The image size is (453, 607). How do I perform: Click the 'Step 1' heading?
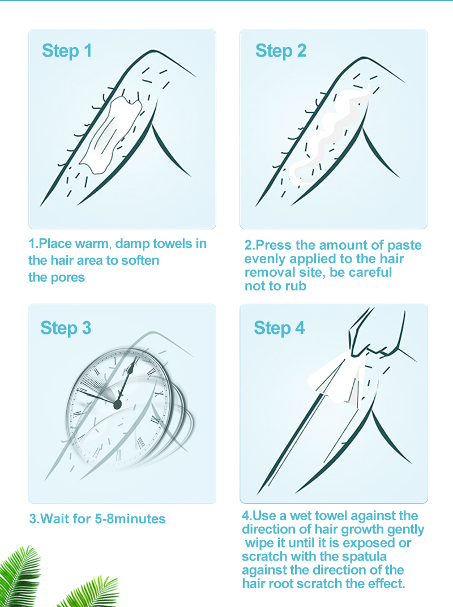(x=67, y=51)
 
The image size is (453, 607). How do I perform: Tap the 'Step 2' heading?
(x=281, y=51)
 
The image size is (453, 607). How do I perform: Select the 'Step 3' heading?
(x=66, y=328)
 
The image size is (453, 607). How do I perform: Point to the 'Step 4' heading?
(x=279, y=328)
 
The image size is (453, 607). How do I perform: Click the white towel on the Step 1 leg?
(x=110, y=134)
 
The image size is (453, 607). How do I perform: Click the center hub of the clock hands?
(x=117, y=404)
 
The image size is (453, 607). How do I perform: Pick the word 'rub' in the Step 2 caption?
(x=296, y=286)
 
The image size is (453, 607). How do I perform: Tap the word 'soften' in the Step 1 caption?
(x=140, y=260)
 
